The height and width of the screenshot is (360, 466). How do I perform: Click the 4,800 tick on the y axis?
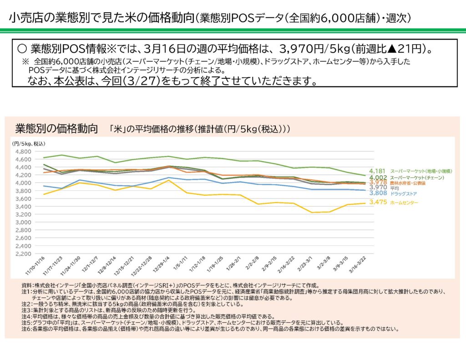22,152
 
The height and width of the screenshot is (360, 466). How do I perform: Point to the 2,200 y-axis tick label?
22,254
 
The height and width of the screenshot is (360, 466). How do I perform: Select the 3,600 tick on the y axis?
22,198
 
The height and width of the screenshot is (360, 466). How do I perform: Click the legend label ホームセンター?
404,203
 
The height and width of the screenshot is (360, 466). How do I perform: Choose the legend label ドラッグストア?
404,193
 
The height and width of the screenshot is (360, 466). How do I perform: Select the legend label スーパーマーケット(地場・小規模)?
420,171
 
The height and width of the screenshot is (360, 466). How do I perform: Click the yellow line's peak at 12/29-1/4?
169,180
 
